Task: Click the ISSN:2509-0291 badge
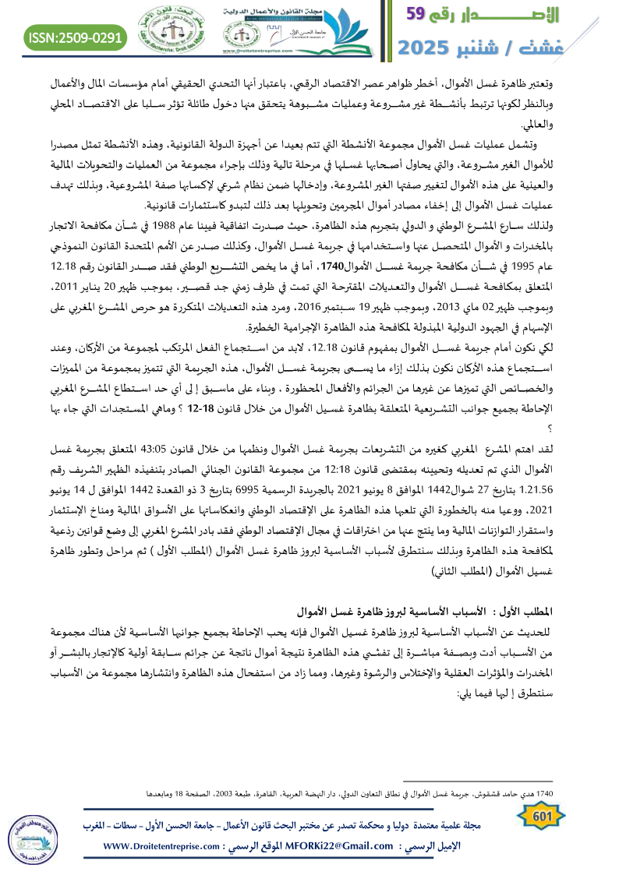coord(76,36)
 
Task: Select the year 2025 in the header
coord(429,48)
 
